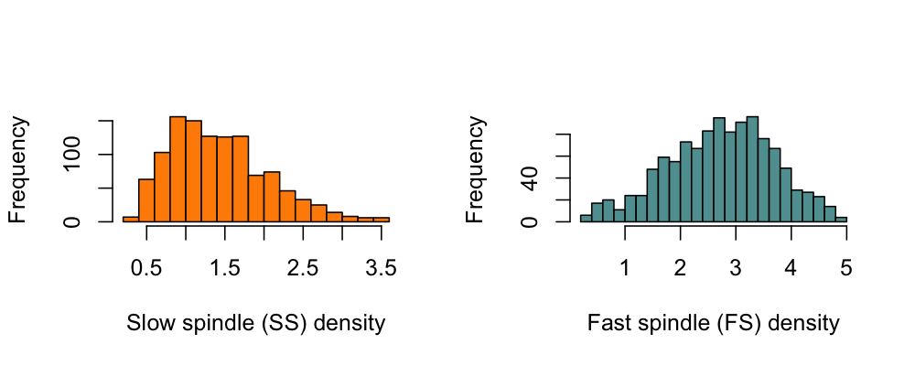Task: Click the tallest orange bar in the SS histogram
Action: tap(178, 169)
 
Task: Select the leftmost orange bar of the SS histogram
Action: tap(131, 219)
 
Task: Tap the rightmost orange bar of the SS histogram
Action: tap(382, 219)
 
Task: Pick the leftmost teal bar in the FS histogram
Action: tap(586, 218)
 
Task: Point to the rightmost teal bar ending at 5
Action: tap(841, 219)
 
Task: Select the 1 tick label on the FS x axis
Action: tap(625, 268)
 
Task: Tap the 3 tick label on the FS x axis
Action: tap(736, 268)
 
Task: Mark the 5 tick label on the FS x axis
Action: tap(846, 268)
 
